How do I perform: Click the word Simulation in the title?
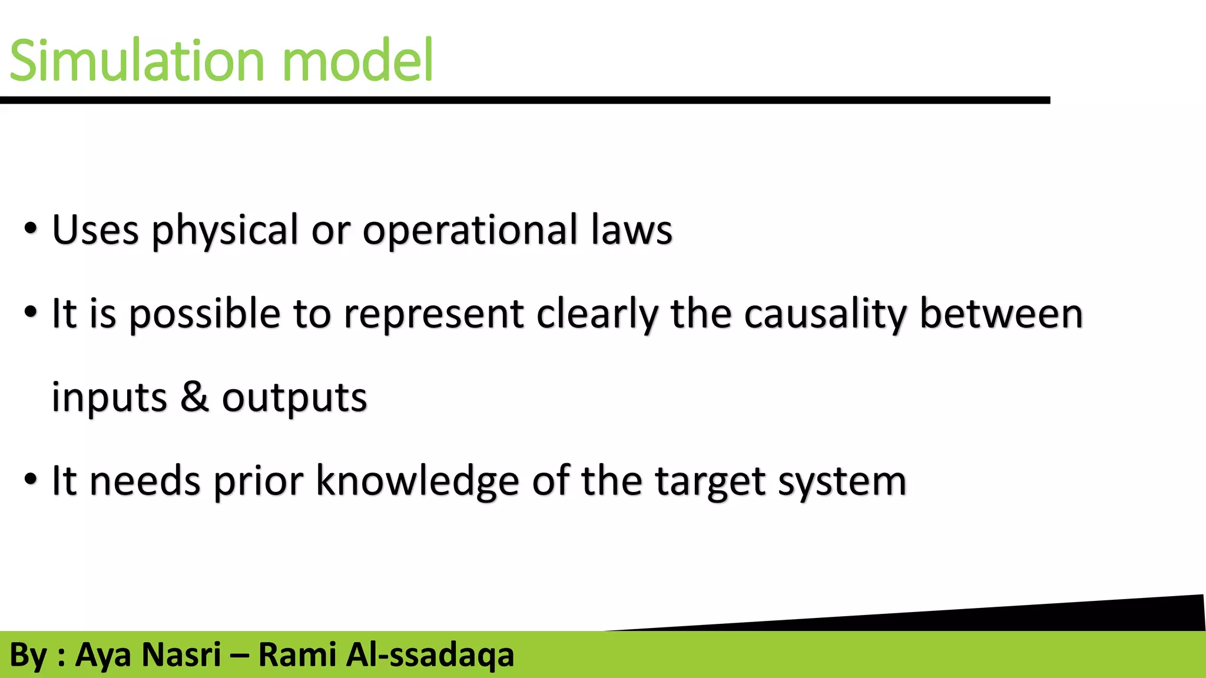click(137, 61)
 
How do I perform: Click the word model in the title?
click(357, 61)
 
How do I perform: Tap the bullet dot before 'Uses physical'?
click(31, 228)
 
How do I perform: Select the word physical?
click(225, 231)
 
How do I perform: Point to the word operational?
click(469, 231)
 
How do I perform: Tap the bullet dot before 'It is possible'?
click(31, 312)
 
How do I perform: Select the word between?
click(1001, 313)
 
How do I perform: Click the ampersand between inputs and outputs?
click(194, 397)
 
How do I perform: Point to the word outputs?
click(294, 399)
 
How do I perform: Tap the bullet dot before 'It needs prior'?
click(31, 479)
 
